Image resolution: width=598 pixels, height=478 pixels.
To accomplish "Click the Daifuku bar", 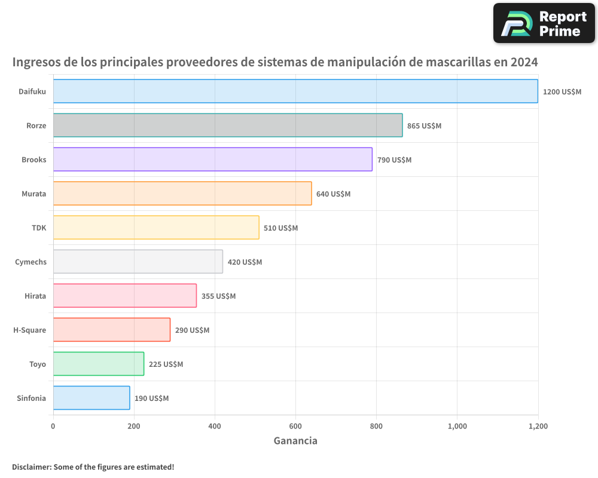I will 295,91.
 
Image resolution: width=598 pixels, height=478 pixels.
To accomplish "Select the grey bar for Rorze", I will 228,125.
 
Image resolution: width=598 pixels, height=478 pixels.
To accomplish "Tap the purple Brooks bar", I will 212,160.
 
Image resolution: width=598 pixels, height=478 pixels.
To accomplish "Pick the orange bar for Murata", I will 182,194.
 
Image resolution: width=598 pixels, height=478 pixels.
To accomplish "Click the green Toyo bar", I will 99,364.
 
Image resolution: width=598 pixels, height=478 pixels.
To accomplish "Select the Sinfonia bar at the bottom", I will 91,398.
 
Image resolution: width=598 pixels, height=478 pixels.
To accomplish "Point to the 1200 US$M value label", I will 562,92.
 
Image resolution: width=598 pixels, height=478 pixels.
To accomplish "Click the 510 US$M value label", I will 280,228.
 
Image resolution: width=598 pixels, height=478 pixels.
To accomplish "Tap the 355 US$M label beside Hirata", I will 218,296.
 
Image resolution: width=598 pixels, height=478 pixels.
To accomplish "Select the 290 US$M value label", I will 192,330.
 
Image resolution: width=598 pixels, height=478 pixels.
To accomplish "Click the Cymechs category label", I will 30,262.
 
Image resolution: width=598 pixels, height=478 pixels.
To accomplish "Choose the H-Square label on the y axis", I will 29,330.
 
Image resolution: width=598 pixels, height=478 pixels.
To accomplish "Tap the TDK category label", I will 38,228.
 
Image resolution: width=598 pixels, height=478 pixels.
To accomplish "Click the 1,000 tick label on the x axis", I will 457,427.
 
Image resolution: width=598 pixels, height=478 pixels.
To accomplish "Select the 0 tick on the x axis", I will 53,427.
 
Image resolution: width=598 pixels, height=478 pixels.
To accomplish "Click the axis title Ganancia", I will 295,441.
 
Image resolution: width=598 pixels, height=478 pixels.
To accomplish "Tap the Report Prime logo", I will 544,23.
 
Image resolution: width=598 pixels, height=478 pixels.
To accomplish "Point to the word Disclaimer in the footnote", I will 30,467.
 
